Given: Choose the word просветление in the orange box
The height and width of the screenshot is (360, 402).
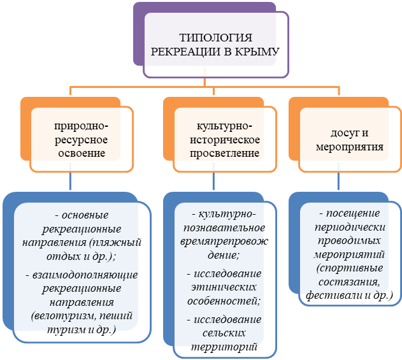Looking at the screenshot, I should [218, 154].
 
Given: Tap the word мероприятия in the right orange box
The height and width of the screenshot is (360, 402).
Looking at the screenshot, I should [350, 147].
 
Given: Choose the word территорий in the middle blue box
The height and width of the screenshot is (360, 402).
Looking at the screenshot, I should [219, 347].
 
